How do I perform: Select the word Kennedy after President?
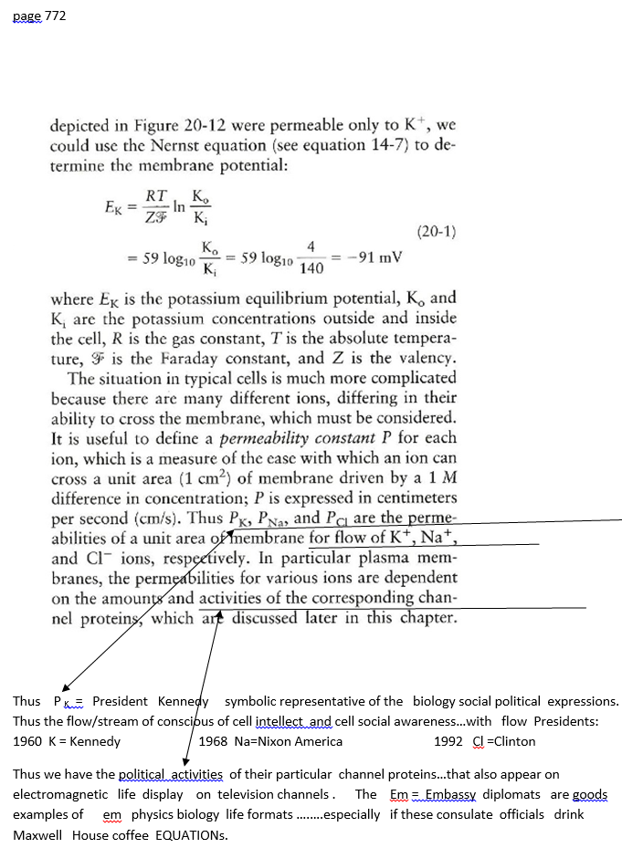(183, 701)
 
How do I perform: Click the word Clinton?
(513, 741)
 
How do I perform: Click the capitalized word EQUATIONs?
(191, 835)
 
